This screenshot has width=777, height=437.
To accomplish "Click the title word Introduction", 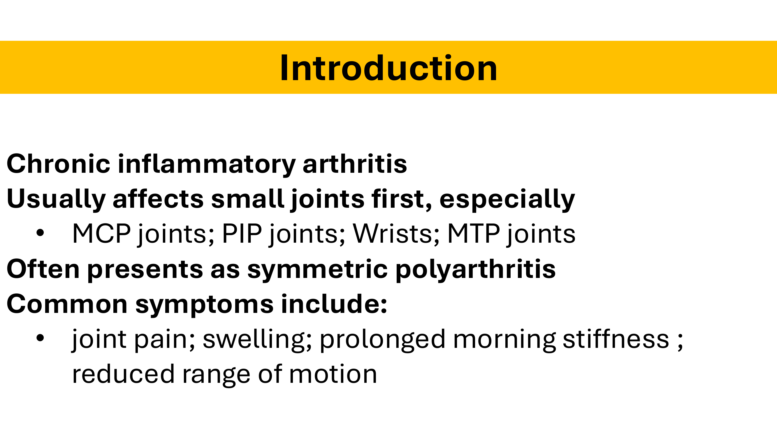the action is [x=388, y=68].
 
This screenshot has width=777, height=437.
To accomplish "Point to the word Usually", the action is [x=56, y=199].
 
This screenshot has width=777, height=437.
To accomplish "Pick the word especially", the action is [x=507, y=199].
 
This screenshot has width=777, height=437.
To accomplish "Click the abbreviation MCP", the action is [x=102, y=234].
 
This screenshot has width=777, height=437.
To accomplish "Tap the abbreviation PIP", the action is [x=242, y=234].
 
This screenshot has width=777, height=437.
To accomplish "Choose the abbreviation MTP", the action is [x=474, y=234].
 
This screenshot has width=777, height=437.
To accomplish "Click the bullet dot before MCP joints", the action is [x=40, y=233].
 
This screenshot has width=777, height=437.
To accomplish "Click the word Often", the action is [x=43, y=269].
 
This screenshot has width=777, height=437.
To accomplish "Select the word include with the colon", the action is [x=334, y=304].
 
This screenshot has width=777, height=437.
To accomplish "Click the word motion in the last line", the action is [x=333, y=374].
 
